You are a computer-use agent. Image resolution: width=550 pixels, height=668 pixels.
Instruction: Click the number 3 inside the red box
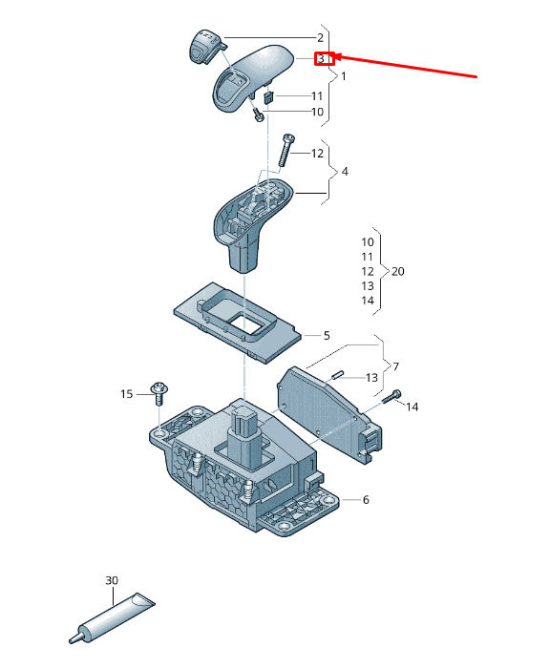pos(321,58)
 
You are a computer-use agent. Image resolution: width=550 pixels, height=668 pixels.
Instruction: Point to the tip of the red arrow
pos(331,55)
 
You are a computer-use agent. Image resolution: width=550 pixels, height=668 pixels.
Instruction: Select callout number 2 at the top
pos(320,37)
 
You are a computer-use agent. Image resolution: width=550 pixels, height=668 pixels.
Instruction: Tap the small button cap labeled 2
pos(203,47)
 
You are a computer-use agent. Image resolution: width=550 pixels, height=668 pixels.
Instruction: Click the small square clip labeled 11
pos(269,97)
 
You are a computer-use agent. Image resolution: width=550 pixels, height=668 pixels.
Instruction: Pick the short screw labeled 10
pos(258,115)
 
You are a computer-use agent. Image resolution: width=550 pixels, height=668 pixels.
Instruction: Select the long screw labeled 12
pos(286,151)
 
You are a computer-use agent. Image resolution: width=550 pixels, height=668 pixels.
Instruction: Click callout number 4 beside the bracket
pos(345,171)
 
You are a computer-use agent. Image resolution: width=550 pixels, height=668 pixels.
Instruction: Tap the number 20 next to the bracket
pos(397,271)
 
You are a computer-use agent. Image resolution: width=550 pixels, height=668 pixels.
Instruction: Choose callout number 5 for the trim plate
pos(327,335)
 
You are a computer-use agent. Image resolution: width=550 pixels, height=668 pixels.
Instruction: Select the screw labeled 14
pos(391,398)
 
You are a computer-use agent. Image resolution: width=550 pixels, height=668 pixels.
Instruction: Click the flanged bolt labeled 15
pos(159,393)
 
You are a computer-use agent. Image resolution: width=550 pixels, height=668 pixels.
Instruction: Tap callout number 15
pos(127,393)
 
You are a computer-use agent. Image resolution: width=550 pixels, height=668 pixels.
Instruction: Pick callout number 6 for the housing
pos(366,499)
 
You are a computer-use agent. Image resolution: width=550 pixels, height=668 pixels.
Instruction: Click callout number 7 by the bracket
pos(395,365)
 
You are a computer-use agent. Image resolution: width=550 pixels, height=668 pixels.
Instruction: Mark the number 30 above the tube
pos(112,580)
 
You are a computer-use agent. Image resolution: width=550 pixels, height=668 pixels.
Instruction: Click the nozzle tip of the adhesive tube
pos(72,639)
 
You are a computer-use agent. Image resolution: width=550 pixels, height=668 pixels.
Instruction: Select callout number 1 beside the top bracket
pos(343,76)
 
